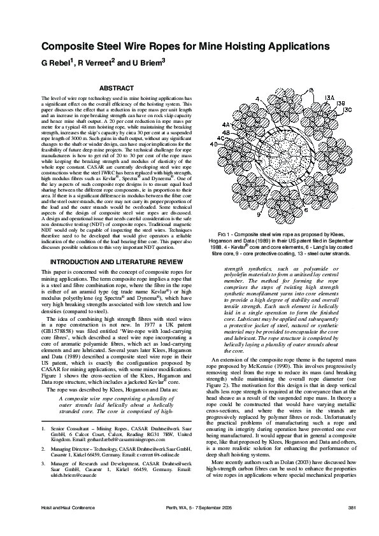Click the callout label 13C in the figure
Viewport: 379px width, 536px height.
tap(348, 109)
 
